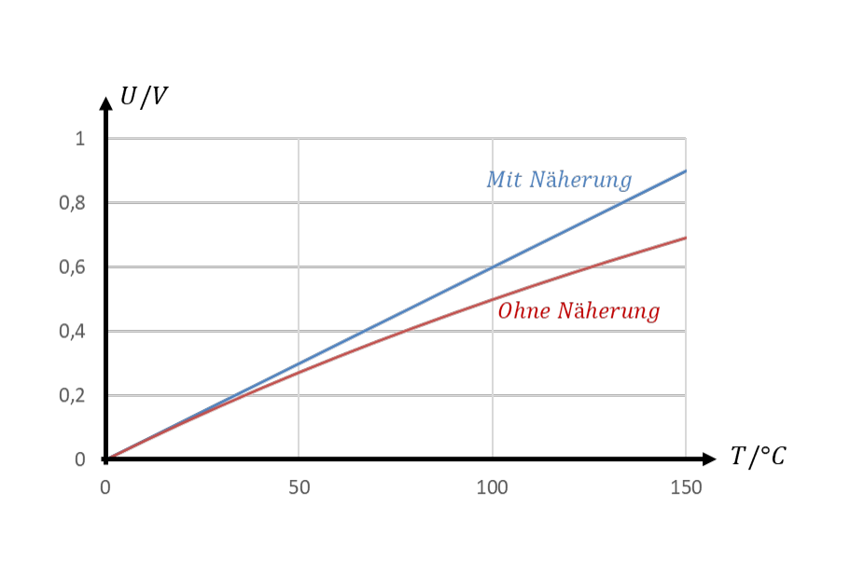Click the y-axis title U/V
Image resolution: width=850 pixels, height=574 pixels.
pyautogui.click(x=144, y=98)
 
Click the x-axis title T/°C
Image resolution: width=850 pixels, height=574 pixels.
pyautogui.click(x=758, y=457)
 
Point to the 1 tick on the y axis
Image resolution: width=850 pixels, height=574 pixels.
pyautogui.click(x=80, y=139)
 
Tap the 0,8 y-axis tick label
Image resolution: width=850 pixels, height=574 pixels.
pyautogui.click(x=72, y=204)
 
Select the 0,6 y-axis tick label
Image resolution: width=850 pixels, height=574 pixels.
pyautogui.click(x=72, y=267)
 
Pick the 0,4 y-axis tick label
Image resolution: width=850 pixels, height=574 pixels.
pyautogui.click(x=72, y=332)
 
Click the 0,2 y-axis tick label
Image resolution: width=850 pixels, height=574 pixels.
pyautogui.click(x=72, y=396)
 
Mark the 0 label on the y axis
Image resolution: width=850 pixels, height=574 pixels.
pyautogui.click(x=80, y=459)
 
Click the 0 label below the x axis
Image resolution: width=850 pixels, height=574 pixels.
pyautogui.click(x=105, y=488)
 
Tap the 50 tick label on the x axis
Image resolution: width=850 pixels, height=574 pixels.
pyautogui.click(x=299, y=488)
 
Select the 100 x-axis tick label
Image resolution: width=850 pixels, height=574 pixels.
pyautogui.click(x=493, y=488)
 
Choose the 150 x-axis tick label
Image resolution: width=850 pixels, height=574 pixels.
pyautogui.click(x=686, y=488)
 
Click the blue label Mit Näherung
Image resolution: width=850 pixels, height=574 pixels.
pyautogui.click(x=560, y=180)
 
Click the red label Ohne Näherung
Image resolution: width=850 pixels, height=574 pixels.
pyautogui.click(x=579, y=311)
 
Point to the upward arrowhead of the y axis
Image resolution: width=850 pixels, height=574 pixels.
pyautogui.click(x=105, y=103)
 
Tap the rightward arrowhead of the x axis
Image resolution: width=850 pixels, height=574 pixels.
pyautogui.click(x=710, y=459)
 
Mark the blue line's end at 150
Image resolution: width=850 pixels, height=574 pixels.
pyautogui.click(x=686, y=171)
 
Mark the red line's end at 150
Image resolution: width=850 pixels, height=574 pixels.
pyautogui.click(x=686, y=238)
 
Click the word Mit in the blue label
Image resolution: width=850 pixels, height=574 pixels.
pyautogui.click(x=504, y=180)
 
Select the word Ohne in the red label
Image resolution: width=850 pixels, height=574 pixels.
pyautogui.click(x=524, y=311)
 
